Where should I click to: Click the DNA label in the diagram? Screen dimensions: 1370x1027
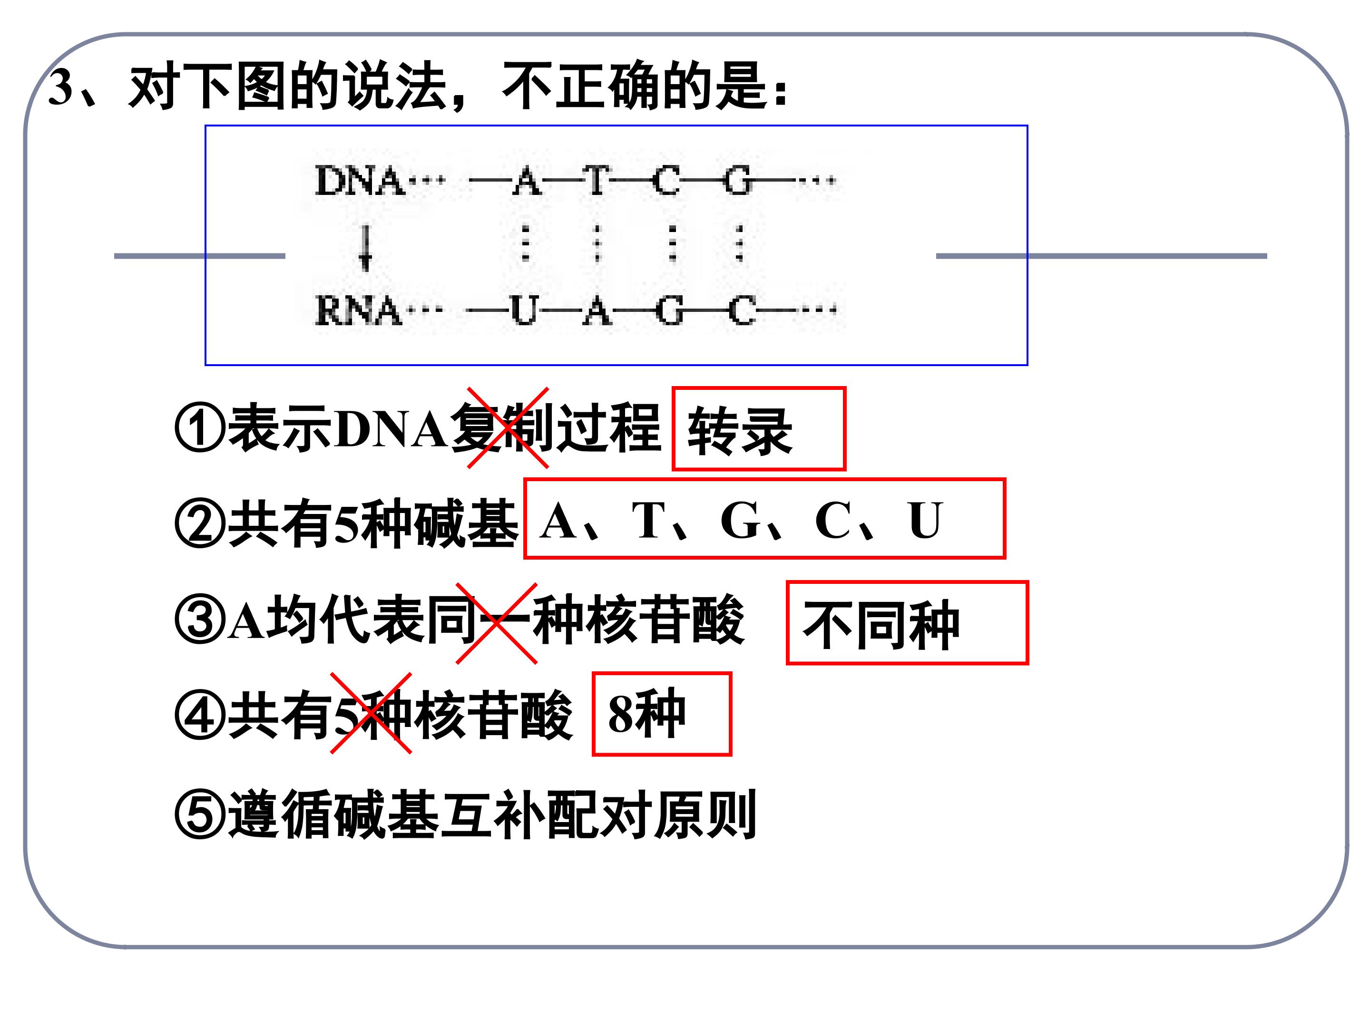tap(359, 181)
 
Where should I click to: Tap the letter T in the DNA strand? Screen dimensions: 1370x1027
tap(597, 181)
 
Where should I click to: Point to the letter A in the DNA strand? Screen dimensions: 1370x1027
tap(527, 181)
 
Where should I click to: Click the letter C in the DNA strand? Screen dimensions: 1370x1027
tap(666, 181)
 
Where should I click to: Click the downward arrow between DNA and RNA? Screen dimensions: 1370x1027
tap(365, 248)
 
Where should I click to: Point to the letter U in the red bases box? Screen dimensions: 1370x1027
tap(925, 520)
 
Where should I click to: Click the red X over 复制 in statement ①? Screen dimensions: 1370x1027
tap(508, 428)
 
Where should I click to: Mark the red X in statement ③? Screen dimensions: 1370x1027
tap(497, 623)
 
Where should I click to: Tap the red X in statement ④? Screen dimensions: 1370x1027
tap(371, 713)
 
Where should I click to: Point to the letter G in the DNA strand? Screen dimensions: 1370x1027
tap(738, 181)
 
